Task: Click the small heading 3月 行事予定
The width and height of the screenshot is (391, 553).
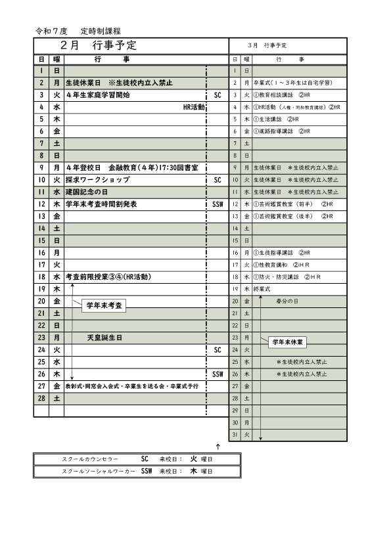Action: click(268, 45)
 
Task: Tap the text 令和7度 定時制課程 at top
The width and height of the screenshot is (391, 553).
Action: click(80, 31)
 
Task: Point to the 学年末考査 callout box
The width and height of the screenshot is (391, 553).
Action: click(105, 305)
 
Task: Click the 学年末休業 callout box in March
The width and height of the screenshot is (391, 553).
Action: click(289, 342)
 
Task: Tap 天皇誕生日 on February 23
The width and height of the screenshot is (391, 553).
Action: click(105, 338)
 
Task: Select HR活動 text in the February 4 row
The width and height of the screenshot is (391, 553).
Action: click(194, 106)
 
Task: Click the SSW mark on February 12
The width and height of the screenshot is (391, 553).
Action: click(218, 204)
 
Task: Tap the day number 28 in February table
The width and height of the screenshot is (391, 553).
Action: click(41, 398)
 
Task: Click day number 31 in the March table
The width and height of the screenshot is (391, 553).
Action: click(235, 434)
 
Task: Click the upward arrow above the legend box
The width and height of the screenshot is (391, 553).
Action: click(218, 446)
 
